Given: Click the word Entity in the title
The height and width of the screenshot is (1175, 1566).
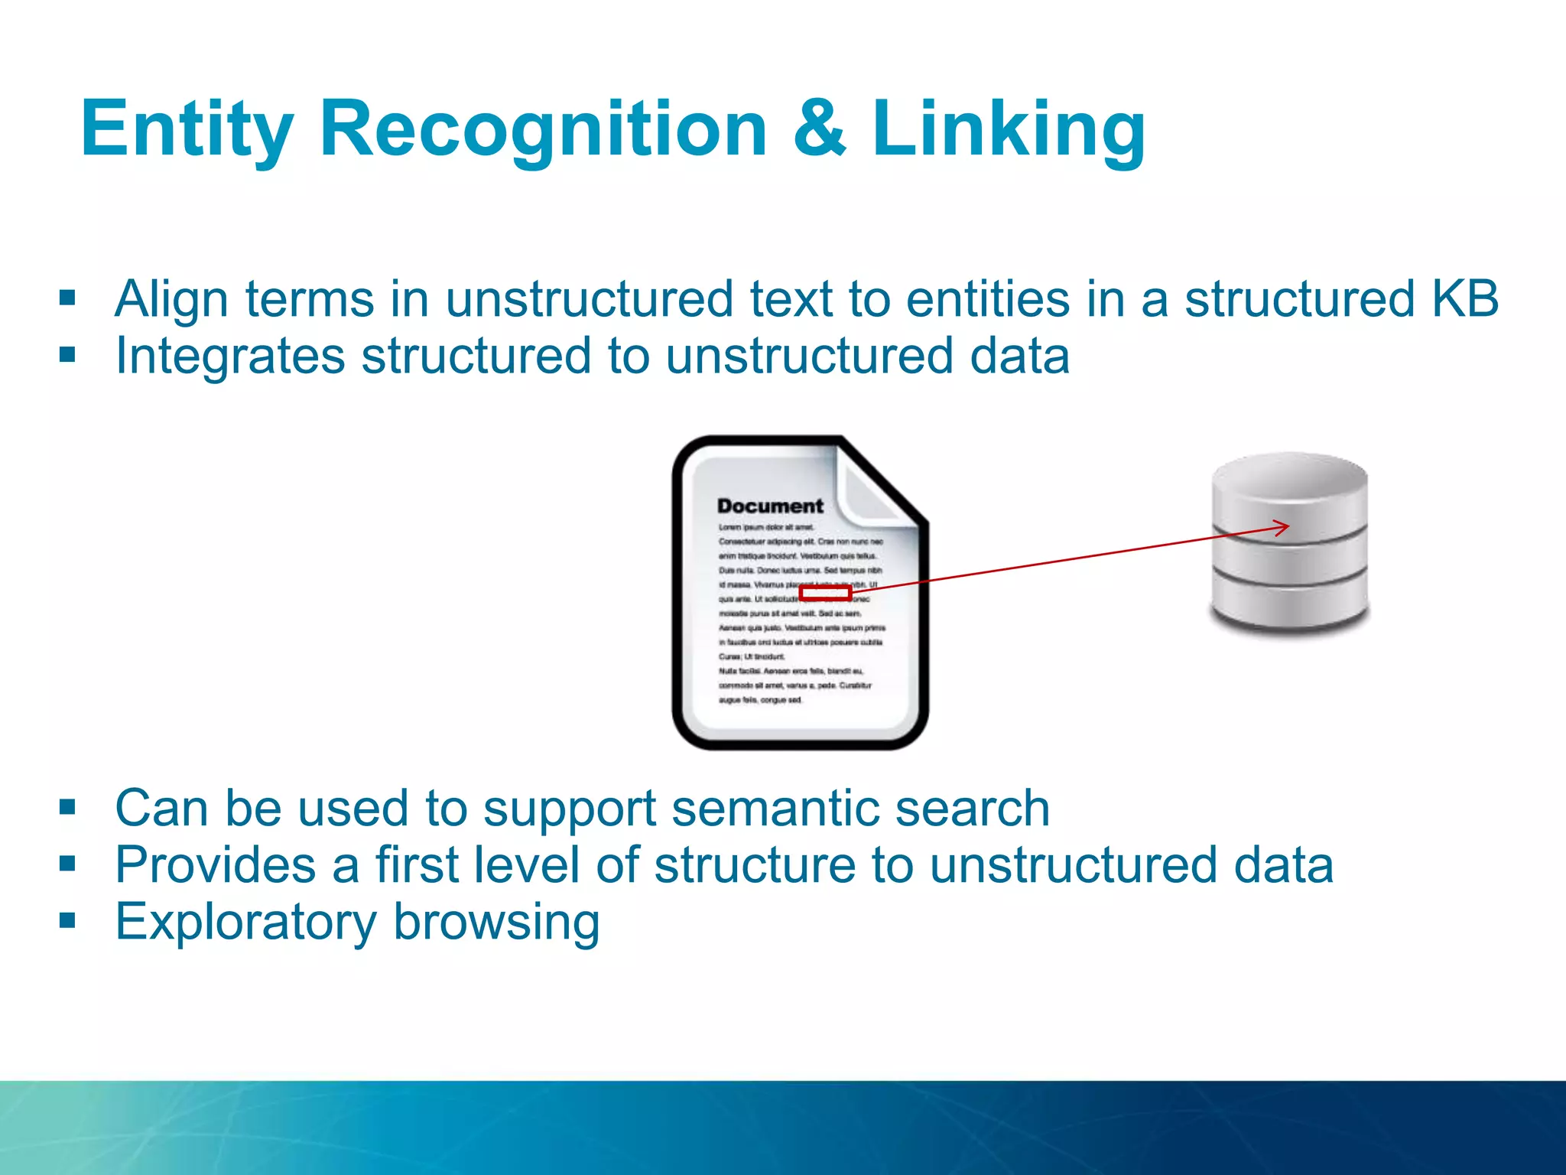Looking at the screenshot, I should pyautogui.click(x=187, y=129).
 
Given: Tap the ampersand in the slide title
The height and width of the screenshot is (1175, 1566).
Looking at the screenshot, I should pyautogui.click(x=819, y=129).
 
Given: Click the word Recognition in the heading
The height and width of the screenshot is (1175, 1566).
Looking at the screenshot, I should pyautogui.click(x=543, y=129).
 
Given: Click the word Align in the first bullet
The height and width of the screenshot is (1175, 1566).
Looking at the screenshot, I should pyautogui.click(x=171, y=298).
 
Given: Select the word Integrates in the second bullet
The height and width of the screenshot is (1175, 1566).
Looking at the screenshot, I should pyautogui.click(x=230, y=356).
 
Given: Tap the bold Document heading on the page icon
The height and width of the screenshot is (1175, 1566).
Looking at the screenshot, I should pyautogui.click(x=770, y=506).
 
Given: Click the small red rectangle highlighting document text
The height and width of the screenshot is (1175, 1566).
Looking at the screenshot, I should pyautogui.click(x=825, y=593).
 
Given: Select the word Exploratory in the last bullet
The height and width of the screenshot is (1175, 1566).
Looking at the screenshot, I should pyautogui.click(x=245, y=922).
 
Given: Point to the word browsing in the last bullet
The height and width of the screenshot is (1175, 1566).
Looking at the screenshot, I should pyautogui.click(x=496, y=922).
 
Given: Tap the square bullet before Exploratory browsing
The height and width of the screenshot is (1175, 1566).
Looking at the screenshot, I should pyautogui.click(x=67, y=919).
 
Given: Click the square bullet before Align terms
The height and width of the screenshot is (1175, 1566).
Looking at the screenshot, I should pyautogui.click(x=67, y=297).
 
